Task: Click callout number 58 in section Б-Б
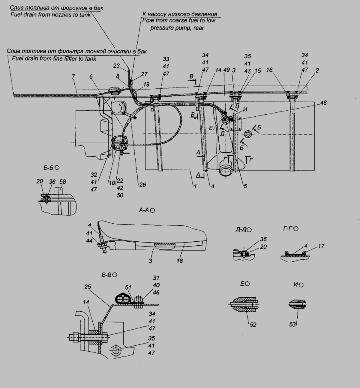pyautogui.click(x=63, y=182)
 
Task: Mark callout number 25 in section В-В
pyautogui.click(x=88, y=287)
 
